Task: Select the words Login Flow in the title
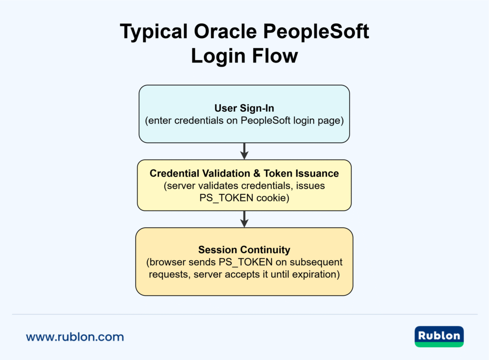pyautogui.click(x=244, y=56)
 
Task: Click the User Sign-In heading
pyautogui.click(x=244, y=108)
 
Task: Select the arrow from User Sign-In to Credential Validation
pyautogui.click(x=244, y=151)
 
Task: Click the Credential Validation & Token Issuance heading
pyautogui.click(x=244, y=173)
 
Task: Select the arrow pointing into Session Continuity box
pyautogui.click(x=244, y=219)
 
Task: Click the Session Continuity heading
pyautogui.click(x=244, y=250)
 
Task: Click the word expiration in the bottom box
pyautogui.click(x=315, y=275)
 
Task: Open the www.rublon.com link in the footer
pyautogui.click(x=75, y=337)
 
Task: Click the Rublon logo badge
pyautogui.click(x=439, y=336)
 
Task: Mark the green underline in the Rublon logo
pyautogui.click(x=439, y=344)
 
